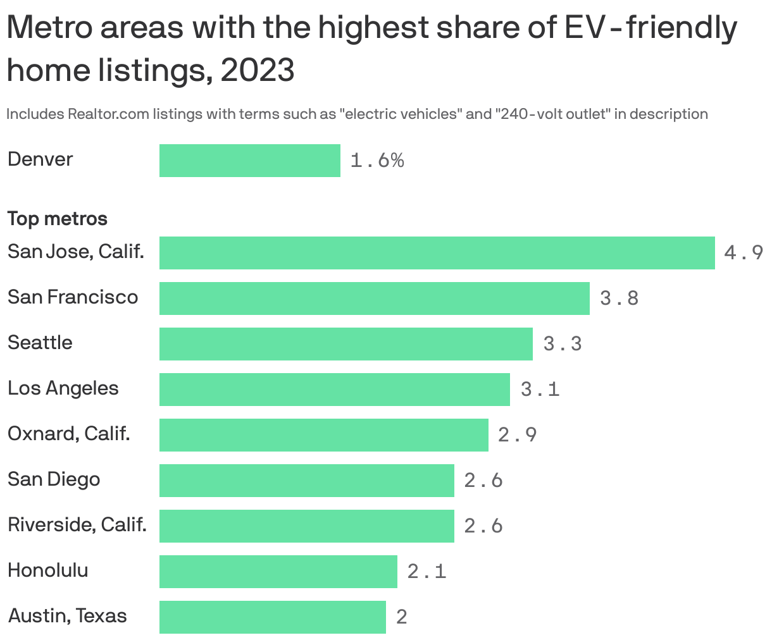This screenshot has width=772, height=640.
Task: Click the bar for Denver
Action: pyautogui.click(x=249, y=161)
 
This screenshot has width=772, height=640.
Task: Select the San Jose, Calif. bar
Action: pyautogui.click(x=437, y=253)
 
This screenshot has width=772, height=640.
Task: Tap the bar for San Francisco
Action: pyautogui.click(x=374, y=298)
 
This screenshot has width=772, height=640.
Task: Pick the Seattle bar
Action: pyautogui.click(x=346, y=344)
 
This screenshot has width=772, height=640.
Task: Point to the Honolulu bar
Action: pyautogui.click(x=278, y=572)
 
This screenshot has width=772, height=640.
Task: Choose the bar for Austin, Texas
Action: pyautogui.click(x=272, y=617)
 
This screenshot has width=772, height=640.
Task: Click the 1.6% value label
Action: pyautogui.click(x=377, y=161)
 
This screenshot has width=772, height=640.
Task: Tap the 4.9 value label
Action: pyautogui.click(x=744, y=253)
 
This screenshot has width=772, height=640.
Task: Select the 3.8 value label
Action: pyautogui.click(x=619, y=298)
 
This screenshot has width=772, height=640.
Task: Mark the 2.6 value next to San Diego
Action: pyautogui.click(x=483, y=481)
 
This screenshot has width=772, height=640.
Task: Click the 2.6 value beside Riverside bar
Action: pyautogui.click(x=483, y=526)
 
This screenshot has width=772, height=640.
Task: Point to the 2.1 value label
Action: pyautogui.click(x=426, y=572)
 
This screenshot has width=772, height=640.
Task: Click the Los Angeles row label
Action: pyautogui.click(x=63, y=388)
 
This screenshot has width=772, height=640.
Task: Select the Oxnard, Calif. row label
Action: pyautogui.click(x=68, y=434)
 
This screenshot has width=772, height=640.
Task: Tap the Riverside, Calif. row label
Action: pyautogui.click(x=77, y=525)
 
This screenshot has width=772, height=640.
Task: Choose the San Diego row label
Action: pyautogui.click(x=54, y=479)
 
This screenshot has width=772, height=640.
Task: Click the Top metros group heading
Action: pyautogui.click(x=57, y=219)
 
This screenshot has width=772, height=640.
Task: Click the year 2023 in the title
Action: pyautogui.click(x=258, y=70)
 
